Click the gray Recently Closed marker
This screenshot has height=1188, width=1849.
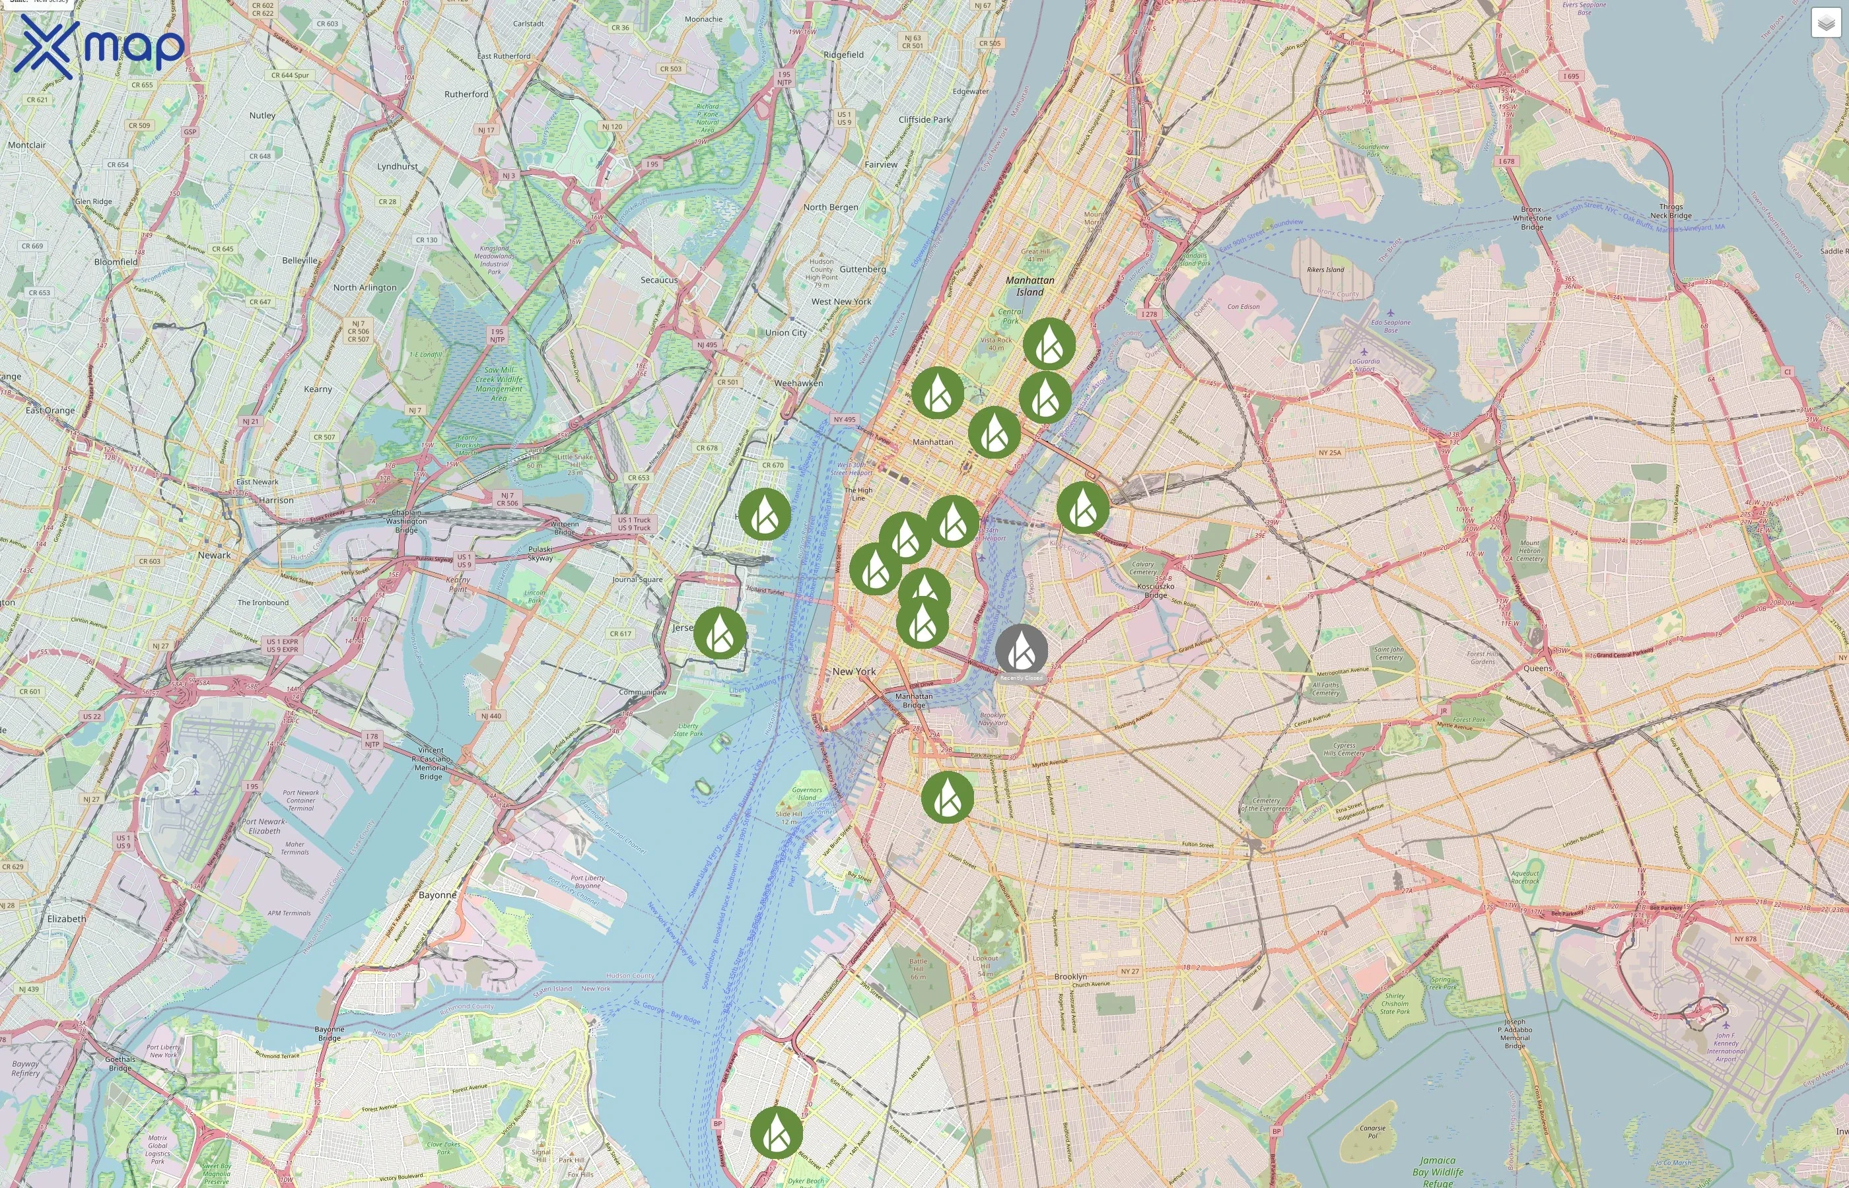coord(1021,649)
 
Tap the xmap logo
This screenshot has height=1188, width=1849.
coord(99,46)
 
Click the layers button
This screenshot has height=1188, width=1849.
coord(1825,23)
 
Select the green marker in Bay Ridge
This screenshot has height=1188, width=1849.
coord(775,1132)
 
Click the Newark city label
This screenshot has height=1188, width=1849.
coord(214,554)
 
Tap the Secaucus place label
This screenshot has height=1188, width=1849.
coord(659,280)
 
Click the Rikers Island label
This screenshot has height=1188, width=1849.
coord(1325,270)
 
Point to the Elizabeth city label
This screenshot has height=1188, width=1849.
coord(67,919)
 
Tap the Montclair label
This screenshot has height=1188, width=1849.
coord(26,145)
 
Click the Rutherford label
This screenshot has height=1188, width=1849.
coord(466,94)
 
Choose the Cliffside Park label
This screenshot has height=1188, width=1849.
coord(924,119)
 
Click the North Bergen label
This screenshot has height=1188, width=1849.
coord(830,207)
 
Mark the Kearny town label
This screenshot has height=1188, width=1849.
coord(317,389)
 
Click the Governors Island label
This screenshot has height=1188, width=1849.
coord(806,794)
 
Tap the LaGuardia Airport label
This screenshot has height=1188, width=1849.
coord(1364,365)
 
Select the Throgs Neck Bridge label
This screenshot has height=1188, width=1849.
coord(1671,211)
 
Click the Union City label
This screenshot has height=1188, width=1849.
coord(786,333)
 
